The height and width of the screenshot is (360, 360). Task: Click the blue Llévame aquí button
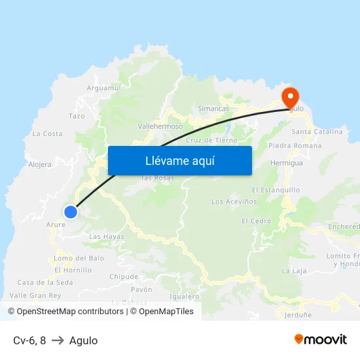pyautogui.click(x=180, y=160)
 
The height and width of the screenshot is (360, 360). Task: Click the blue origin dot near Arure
pyautogui.click(x=71, y=211)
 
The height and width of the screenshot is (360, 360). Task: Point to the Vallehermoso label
pyautogui.click(x=160, y=126)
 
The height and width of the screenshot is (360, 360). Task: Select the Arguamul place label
pyautogui.click(x=104, y=88)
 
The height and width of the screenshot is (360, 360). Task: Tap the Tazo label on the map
pyautogui.click(x=77, y=116)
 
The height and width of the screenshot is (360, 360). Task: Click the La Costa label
pyautogui.click(x=48, y=134)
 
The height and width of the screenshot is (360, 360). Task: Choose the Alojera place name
pyautogui.click(x=40, y=164)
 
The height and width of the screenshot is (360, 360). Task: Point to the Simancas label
pyautogui.click(x=213, y=108)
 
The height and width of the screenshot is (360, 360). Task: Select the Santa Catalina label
pyautogui.click(x=318, y=132)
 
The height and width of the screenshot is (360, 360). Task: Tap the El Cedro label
pyautogui.click(x=256, y=221)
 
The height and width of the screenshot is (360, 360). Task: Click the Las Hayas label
pyautogui.click(x=106, y=236)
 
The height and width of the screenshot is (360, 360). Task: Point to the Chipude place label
pyautogui.click(x=124, y=276)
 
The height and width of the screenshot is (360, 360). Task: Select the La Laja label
pyautogui.click(x=294, y=270)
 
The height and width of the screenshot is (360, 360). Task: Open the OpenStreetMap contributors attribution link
pyautogui.click(x=66, y=312)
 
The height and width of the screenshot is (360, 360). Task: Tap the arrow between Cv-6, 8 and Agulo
pyautogui.click(x=58, y=340)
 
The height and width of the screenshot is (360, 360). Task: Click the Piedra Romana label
pyautogui.click(x=295, y=145)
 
